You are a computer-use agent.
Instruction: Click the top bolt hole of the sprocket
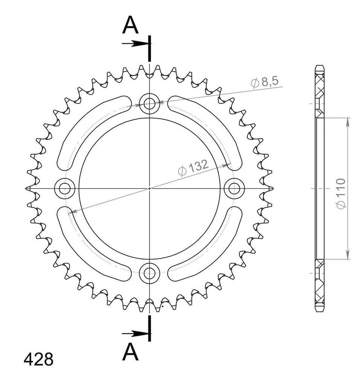pyautogui.click(x=149, y=103)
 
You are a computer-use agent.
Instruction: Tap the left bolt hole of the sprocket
pyautogui.click(x=65, y=188)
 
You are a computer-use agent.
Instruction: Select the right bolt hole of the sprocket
pyautogui.click(x=234, y=188)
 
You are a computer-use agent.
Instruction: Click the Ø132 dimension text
pyautogui.click(x=193, y=168)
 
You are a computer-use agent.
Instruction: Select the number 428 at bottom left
pyautogui.click(x=38, y=360)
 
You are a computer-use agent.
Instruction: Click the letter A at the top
pyautogui.click(x=130, y=25)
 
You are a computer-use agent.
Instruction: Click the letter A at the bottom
pyautogui.click(x=130, y=352)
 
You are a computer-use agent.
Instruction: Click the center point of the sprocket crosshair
pyautogui.click(x=149, y=188)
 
